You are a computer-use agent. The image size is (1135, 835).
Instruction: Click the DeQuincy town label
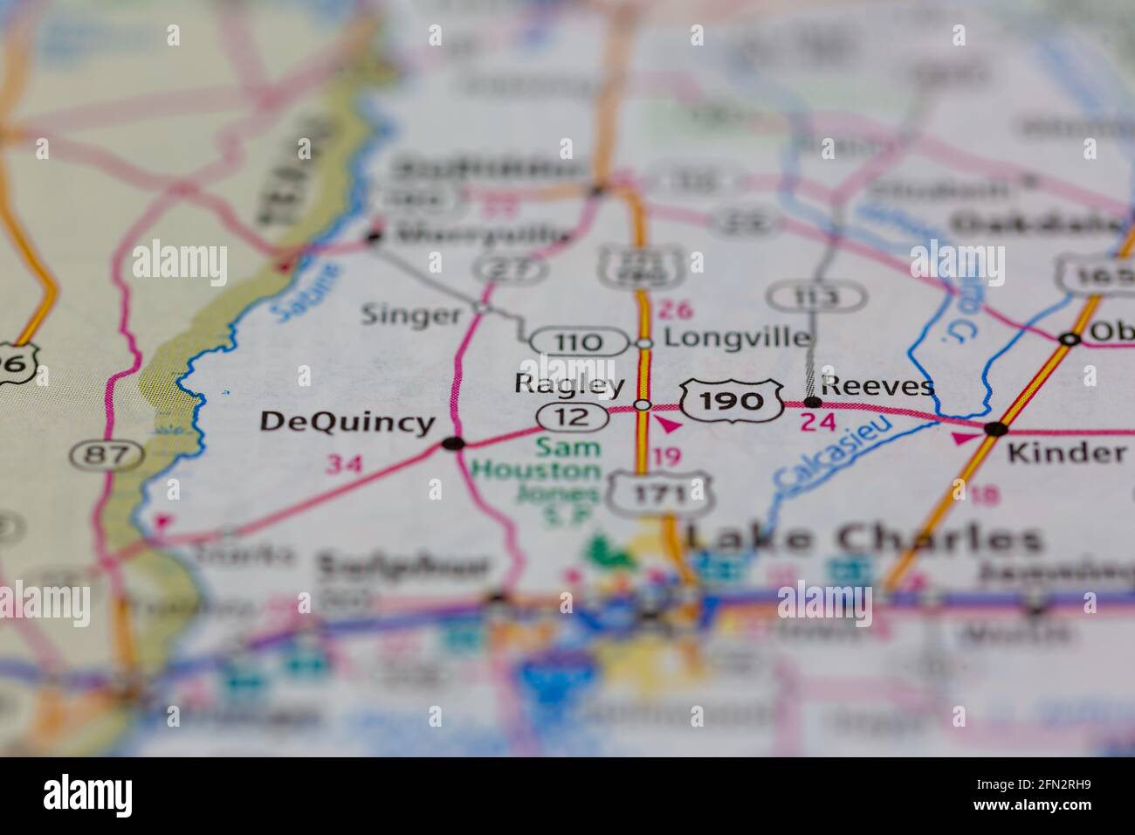point(347,422)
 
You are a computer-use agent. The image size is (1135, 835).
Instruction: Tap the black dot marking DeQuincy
point(452,444)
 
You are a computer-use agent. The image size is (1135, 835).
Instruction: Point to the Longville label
point(737,337)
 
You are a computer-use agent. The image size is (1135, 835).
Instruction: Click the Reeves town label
point(877,385)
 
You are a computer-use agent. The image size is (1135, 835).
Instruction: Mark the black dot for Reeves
point(813,403)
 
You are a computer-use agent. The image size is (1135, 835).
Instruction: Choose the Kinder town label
point(1066,452)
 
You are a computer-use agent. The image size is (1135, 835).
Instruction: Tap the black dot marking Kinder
point(994,429)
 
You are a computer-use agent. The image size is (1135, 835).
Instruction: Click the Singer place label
point(410,314)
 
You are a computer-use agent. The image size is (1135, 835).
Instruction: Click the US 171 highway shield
point(662,494)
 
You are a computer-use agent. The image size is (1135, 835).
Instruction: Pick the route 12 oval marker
point(572,417)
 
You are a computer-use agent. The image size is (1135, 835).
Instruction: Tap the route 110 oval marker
point(578,342)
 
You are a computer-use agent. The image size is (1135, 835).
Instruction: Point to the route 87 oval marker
point(107,454)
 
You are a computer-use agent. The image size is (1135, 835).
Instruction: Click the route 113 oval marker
point(817,297)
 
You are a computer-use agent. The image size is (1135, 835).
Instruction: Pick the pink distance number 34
point(343,464)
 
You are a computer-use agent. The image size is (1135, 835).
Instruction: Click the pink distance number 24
point(818,423)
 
